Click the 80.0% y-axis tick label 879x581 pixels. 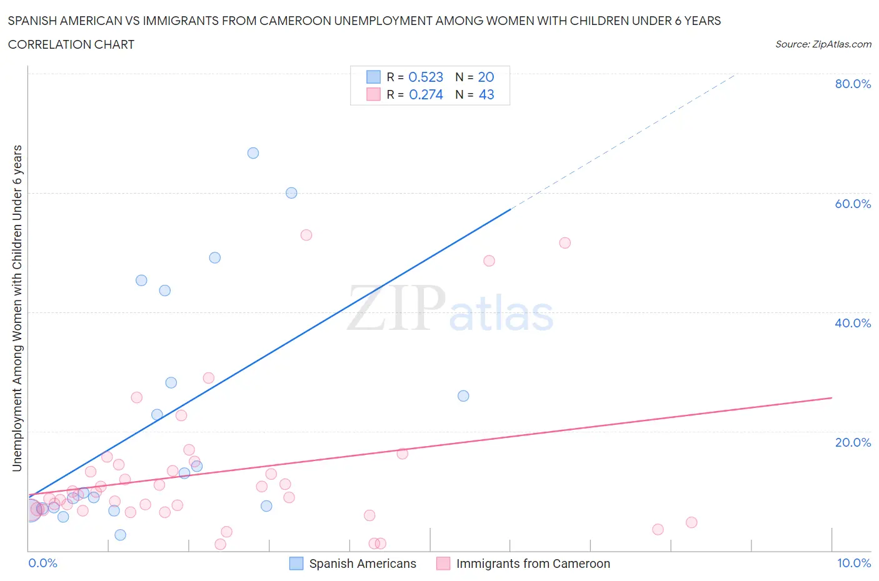[853, 84]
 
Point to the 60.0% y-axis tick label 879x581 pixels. [853, 204]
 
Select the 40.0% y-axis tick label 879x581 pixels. [853, 323]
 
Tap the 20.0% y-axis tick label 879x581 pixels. [853, 442]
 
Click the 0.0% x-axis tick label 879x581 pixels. [43, 563]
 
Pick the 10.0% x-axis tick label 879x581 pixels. [854, 563]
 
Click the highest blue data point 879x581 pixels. [253, 153]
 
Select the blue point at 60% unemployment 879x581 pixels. [291, 193]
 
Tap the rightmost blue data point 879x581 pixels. [463, 395]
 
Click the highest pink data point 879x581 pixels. [306, 235]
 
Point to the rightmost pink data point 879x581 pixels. [691, 522]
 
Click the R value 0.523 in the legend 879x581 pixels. [426, 77]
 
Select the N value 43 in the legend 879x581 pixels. [486, 94]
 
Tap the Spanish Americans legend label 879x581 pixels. [363, 564]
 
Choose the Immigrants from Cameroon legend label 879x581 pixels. [533, 564]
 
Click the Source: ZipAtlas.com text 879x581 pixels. [823, 44]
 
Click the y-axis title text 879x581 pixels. [17, 308]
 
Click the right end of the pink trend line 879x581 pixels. [831, 397]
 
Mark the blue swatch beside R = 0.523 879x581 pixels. [373, 77]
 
